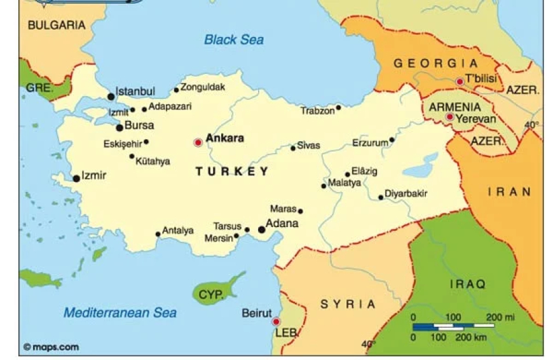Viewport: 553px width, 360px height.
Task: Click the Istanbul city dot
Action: point(111,97)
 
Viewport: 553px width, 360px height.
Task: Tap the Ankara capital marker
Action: point(198,142)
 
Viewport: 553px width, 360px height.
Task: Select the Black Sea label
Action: point(234,39)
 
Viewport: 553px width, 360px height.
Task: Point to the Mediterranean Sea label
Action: point(120,312)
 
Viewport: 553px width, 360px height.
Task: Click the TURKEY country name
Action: point(231,171)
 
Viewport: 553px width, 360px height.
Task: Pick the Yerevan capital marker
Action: point(449,117)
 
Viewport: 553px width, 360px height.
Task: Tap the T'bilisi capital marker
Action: point(460,81)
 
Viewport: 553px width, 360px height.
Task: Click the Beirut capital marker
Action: point(276,321)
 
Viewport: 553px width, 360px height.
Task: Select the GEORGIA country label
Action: point(435,63)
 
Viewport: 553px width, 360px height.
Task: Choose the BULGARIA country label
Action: point(57,25)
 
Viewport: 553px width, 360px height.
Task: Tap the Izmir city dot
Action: point(76,179)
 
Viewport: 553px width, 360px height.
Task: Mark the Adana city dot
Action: point(261,230)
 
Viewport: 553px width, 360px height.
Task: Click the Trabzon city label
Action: point(317,111)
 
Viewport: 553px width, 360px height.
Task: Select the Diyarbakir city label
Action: point(406,193)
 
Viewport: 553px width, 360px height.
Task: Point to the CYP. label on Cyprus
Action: point(211,294)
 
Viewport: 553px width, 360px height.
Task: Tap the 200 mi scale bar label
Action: point(500,317)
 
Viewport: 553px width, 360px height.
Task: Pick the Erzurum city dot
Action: point(392,140)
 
